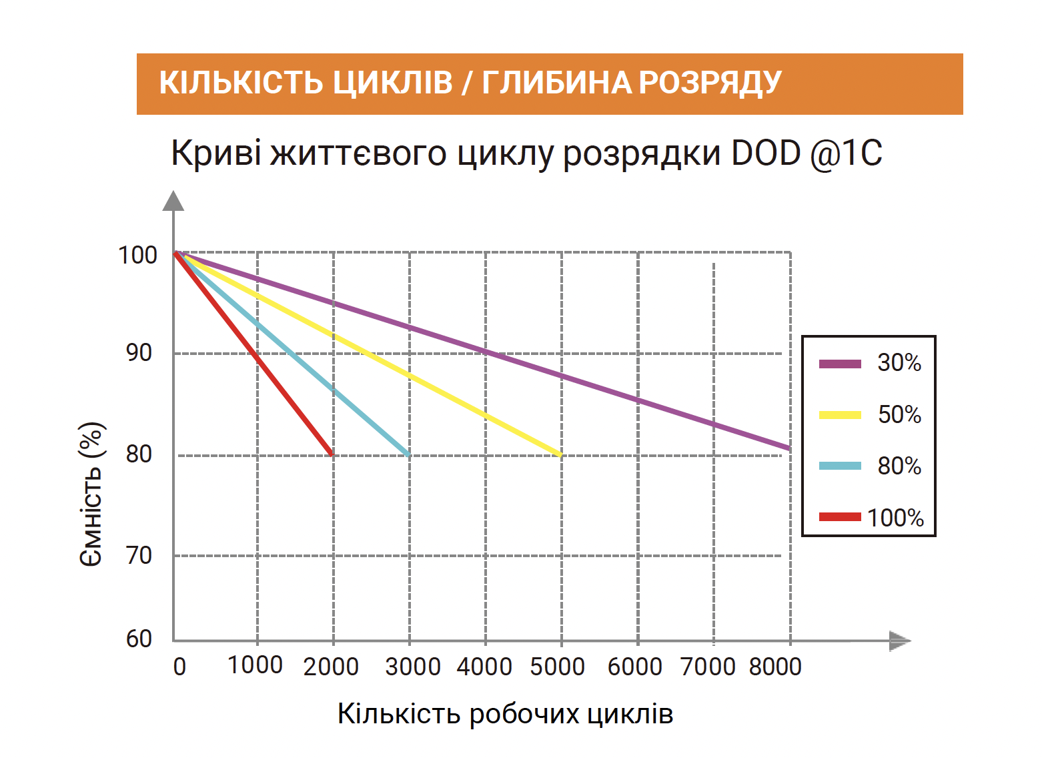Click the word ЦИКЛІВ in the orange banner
(x=392, y=83)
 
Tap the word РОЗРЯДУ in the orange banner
(x=710, y=83)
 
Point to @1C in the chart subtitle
(x=846, y=153)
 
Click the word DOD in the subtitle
(x=766, y=153)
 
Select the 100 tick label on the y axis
(x=137, y=255)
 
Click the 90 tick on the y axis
(x=139, y=352)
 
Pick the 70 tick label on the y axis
(x=139, y=554)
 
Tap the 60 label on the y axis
(x=139, y=639)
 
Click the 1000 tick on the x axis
(x=255, y=665)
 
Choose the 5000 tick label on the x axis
(x=557, y=666)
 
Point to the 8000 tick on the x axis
(x=775, y=666)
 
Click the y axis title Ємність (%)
(x=91, y=494)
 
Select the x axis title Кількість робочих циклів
(x=505, y=714)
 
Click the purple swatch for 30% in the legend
(x=840, y=364)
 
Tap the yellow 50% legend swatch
(x=840, y=415)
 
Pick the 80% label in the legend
(x=899, y=466)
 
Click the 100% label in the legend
(x=895, y=518)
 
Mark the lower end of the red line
(x=332, y=454)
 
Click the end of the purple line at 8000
(x=789, y=448)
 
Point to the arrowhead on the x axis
(x=900, y=641)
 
